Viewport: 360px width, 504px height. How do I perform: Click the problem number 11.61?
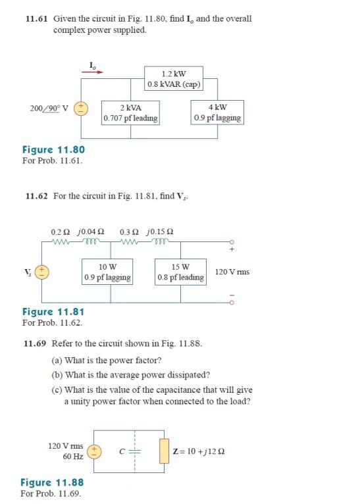point(37,19)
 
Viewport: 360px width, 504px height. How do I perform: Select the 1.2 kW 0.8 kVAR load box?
point(174,78)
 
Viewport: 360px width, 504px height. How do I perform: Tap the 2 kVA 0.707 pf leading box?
point(130,113)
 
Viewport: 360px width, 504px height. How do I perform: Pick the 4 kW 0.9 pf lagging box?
point(218,113)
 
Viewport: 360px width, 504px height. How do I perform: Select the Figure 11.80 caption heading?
point(53,150)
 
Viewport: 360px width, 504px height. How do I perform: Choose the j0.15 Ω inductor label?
point(161,232)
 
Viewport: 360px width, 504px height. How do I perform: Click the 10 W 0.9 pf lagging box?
point(107,272)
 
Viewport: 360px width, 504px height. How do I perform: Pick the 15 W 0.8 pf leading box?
point(180,272)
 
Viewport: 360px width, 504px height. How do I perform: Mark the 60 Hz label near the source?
point(72,456)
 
